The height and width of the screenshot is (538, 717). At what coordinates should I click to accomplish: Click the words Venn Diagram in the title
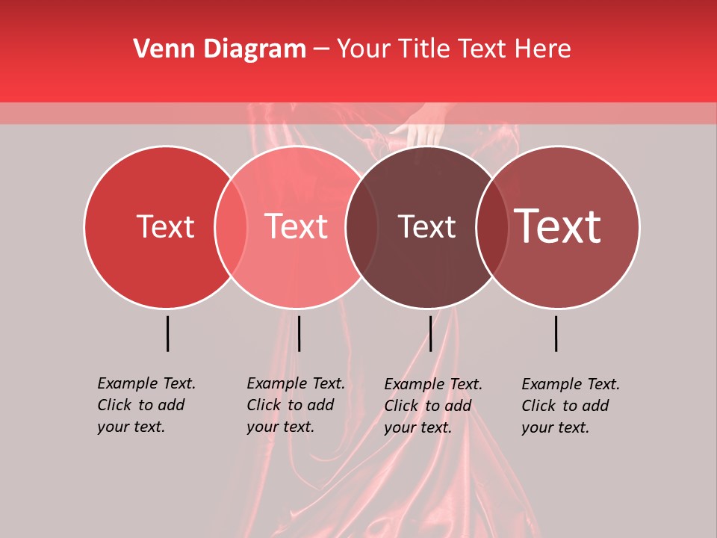click(x=220, y=49)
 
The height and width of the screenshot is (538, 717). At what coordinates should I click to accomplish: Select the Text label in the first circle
click(x=165, y=226)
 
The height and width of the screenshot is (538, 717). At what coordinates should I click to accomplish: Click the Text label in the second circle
click(x=297, y=226)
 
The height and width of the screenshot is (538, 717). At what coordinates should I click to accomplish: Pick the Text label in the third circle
click(x=426, y=226)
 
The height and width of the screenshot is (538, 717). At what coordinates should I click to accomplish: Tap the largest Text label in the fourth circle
click(x=558, y=226)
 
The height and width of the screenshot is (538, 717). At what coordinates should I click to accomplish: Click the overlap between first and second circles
click(x=231, y=226)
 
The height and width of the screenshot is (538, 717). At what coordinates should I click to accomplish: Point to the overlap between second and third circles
click(x=355, y=226)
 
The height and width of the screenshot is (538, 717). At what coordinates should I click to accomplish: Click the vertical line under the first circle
click(x=167, y=333)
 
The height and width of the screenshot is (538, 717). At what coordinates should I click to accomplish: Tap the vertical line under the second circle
click(x=299, y=333)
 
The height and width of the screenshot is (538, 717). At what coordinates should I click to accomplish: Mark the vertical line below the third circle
click(x=430, y=333)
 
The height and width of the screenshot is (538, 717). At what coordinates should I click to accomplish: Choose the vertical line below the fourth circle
click(x=556, y=333)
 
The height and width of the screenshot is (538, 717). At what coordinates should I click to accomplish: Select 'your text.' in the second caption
click(x=280, y=427)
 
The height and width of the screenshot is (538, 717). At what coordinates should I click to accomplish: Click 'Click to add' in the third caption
click(x=428, y=406)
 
